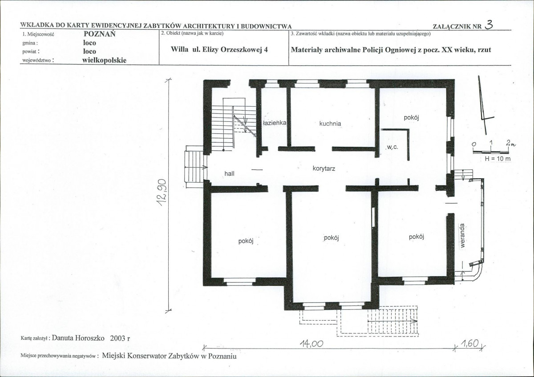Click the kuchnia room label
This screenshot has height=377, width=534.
(330, 124)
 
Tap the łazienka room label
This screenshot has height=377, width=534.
(274, 123)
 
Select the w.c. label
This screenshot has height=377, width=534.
(392, 148)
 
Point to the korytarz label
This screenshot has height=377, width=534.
(324, 168)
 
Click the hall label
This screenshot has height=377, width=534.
(229, 174)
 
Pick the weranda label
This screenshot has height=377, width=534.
(463, 236)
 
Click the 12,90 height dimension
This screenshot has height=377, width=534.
(162, 193)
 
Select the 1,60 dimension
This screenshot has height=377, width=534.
(469, 343)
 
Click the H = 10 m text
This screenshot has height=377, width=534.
(498, 159)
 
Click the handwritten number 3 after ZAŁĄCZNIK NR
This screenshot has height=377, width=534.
(489, 24)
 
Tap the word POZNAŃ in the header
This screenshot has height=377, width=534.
(100, 34)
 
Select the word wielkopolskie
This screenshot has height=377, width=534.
(105, 60)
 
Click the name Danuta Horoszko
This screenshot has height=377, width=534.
(78, 338)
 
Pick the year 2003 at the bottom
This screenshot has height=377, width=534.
(118, 338)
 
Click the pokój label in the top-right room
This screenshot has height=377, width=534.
(412, 118)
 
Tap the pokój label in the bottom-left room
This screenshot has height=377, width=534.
(246, 241)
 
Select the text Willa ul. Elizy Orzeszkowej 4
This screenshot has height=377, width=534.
(219, 49)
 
